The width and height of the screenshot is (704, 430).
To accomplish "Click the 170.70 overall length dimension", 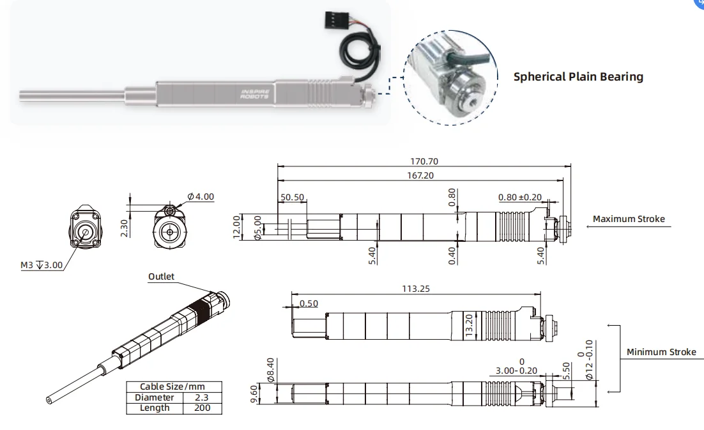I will point(424,162).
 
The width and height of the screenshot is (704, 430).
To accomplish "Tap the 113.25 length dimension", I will point(416,289).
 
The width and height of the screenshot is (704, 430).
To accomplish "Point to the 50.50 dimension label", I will point(293,198).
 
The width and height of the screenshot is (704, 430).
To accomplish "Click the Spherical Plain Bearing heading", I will point(578,77).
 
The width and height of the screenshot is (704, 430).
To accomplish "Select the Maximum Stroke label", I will point(628,219).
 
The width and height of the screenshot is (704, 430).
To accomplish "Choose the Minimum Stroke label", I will point(661,352).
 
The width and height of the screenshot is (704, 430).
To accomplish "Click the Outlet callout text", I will point(161,277).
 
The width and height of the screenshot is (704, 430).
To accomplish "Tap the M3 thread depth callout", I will point(42,265).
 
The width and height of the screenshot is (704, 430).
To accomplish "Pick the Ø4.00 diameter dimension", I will point(201,196).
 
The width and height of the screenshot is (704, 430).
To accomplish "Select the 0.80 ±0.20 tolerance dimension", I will point(519,198).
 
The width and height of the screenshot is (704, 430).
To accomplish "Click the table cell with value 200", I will point(203,408).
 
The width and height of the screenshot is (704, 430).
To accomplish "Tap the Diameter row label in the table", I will point(154,397).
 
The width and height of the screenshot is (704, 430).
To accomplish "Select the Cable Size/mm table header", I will point(172,387).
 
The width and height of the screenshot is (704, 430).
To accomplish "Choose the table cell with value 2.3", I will point(203,397).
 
